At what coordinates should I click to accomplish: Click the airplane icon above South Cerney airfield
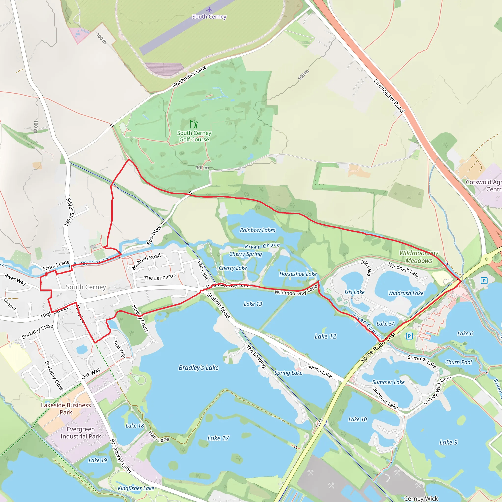pos(209,10)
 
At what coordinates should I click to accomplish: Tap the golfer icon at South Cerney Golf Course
pos(194,124)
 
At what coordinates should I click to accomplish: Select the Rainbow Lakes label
pos(257,230)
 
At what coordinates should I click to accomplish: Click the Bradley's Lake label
pos(199,368)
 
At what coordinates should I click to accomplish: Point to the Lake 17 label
pos(218,438)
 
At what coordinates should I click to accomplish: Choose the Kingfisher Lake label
pos(136,488)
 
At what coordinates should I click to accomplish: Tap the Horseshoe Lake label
pos(298,274)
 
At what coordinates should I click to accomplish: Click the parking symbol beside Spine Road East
pos(409,336)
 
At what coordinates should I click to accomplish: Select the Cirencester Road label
pos(389,96)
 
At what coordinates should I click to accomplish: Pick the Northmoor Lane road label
pos(189,76)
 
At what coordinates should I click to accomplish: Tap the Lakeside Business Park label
pos(66,409)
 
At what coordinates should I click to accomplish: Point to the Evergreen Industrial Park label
pos(81,433)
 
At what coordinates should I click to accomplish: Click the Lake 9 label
pos(448,442)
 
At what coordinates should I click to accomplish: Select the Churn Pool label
pos(458,362)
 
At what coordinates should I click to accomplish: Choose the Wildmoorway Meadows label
pos(419,257)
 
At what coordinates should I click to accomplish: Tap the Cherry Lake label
pos(233,268)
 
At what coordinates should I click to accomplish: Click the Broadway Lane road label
pos(121,455)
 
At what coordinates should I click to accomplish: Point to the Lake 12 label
pos(325,337)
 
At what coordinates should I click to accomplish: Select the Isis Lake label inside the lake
pos(354,292)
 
